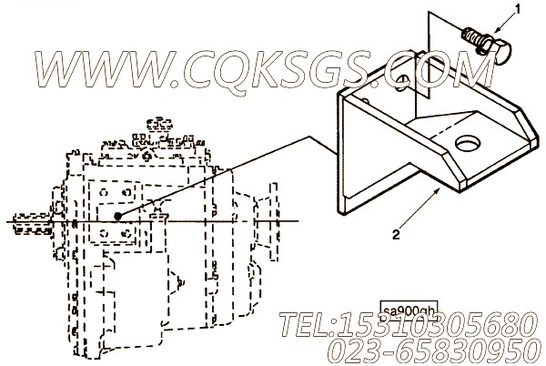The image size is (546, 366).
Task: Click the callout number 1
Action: [x=518, y=10]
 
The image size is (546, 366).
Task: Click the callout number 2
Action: [x=396, y=235]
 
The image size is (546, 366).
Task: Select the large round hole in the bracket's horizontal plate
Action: [x=468, y=144]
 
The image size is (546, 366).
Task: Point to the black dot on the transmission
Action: [x=118, y=217]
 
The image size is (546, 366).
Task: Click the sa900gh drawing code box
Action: [x=408, y=310]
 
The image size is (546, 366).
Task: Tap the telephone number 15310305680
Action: [x=436, y=326]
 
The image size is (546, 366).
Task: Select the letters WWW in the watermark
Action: [x=106, y=69]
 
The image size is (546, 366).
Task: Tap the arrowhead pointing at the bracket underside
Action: [x=437, y=190]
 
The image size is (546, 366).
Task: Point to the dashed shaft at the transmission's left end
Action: [x=31, y=222]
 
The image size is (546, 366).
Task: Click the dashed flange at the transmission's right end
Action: [x=274, y=221]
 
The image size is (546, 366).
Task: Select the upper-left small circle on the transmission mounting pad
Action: [x=104, y=192]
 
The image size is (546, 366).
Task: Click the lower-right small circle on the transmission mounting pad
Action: [x=127, y=233]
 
